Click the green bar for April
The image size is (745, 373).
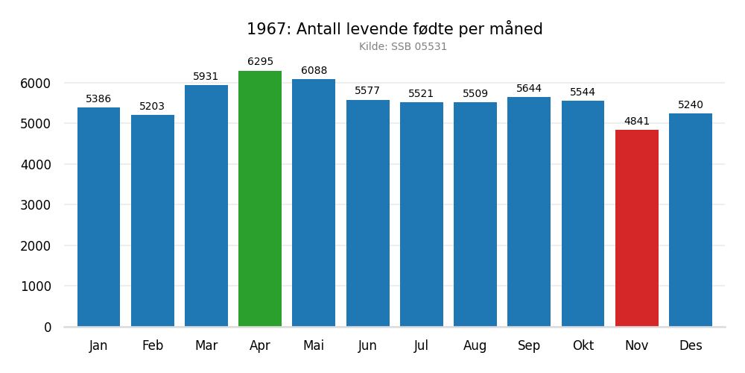(x=260, y=198)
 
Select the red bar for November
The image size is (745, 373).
(x=637, y=228)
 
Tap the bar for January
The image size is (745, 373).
(x=98, y=217)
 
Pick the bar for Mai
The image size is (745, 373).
(x=314, y=203)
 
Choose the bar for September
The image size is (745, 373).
(x=529, y=212)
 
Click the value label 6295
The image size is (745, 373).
(x=260, y=62)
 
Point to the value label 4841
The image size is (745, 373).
(x=637, y=122)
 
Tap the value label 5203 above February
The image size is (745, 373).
(x=152, y=107)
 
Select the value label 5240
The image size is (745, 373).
(x=691, y=105)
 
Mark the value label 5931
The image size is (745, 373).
(x=206, y=77)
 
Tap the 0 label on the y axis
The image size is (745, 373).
(x=48, y=327)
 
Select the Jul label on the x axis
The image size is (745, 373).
(x=421, y=346)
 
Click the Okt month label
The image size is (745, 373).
(x=583, y=346)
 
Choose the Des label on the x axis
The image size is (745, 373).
(x=691, y=346)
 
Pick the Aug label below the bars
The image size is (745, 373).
(x=475, y=346)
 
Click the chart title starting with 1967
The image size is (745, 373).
(x=395, y=29)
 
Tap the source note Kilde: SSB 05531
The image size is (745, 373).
(x=403, y=47)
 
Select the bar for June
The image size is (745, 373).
(x=367, y=213)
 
